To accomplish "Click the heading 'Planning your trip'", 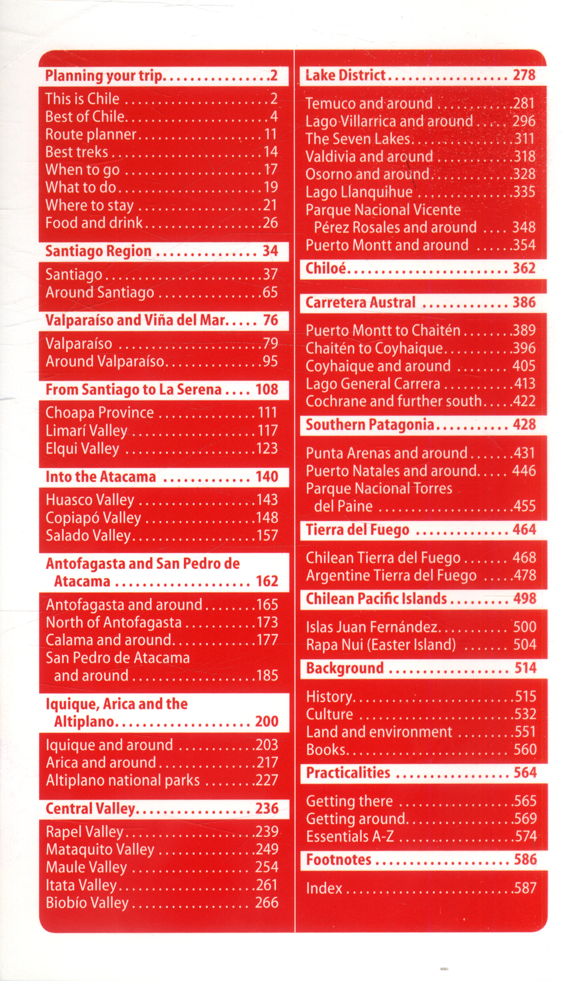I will coord(104,76).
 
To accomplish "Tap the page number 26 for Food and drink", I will coord(270,223).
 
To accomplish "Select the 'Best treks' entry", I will coord(76,152).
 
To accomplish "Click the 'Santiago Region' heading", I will coord(98,251).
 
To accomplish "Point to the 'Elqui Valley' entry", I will coord(83,448).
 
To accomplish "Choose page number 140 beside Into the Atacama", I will coord(266,476).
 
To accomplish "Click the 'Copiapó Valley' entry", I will coord(93,517).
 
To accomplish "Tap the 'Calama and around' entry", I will coord(108,640).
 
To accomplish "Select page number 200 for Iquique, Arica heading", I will coord(266,721).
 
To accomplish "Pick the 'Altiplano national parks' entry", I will coord(123,780).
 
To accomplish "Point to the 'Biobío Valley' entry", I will coord(87,902).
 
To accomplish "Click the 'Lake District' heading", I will coord(345,75).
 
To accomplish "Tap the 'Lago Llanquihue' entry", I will coord(359,192).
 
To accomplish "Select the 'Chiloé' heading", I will coord(326,268).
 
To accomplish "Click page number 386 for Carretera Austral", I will coord(524,302).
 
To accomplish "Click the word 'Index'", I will coord(324,888).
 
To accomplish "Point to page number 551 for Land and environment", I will coord(524,732).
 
